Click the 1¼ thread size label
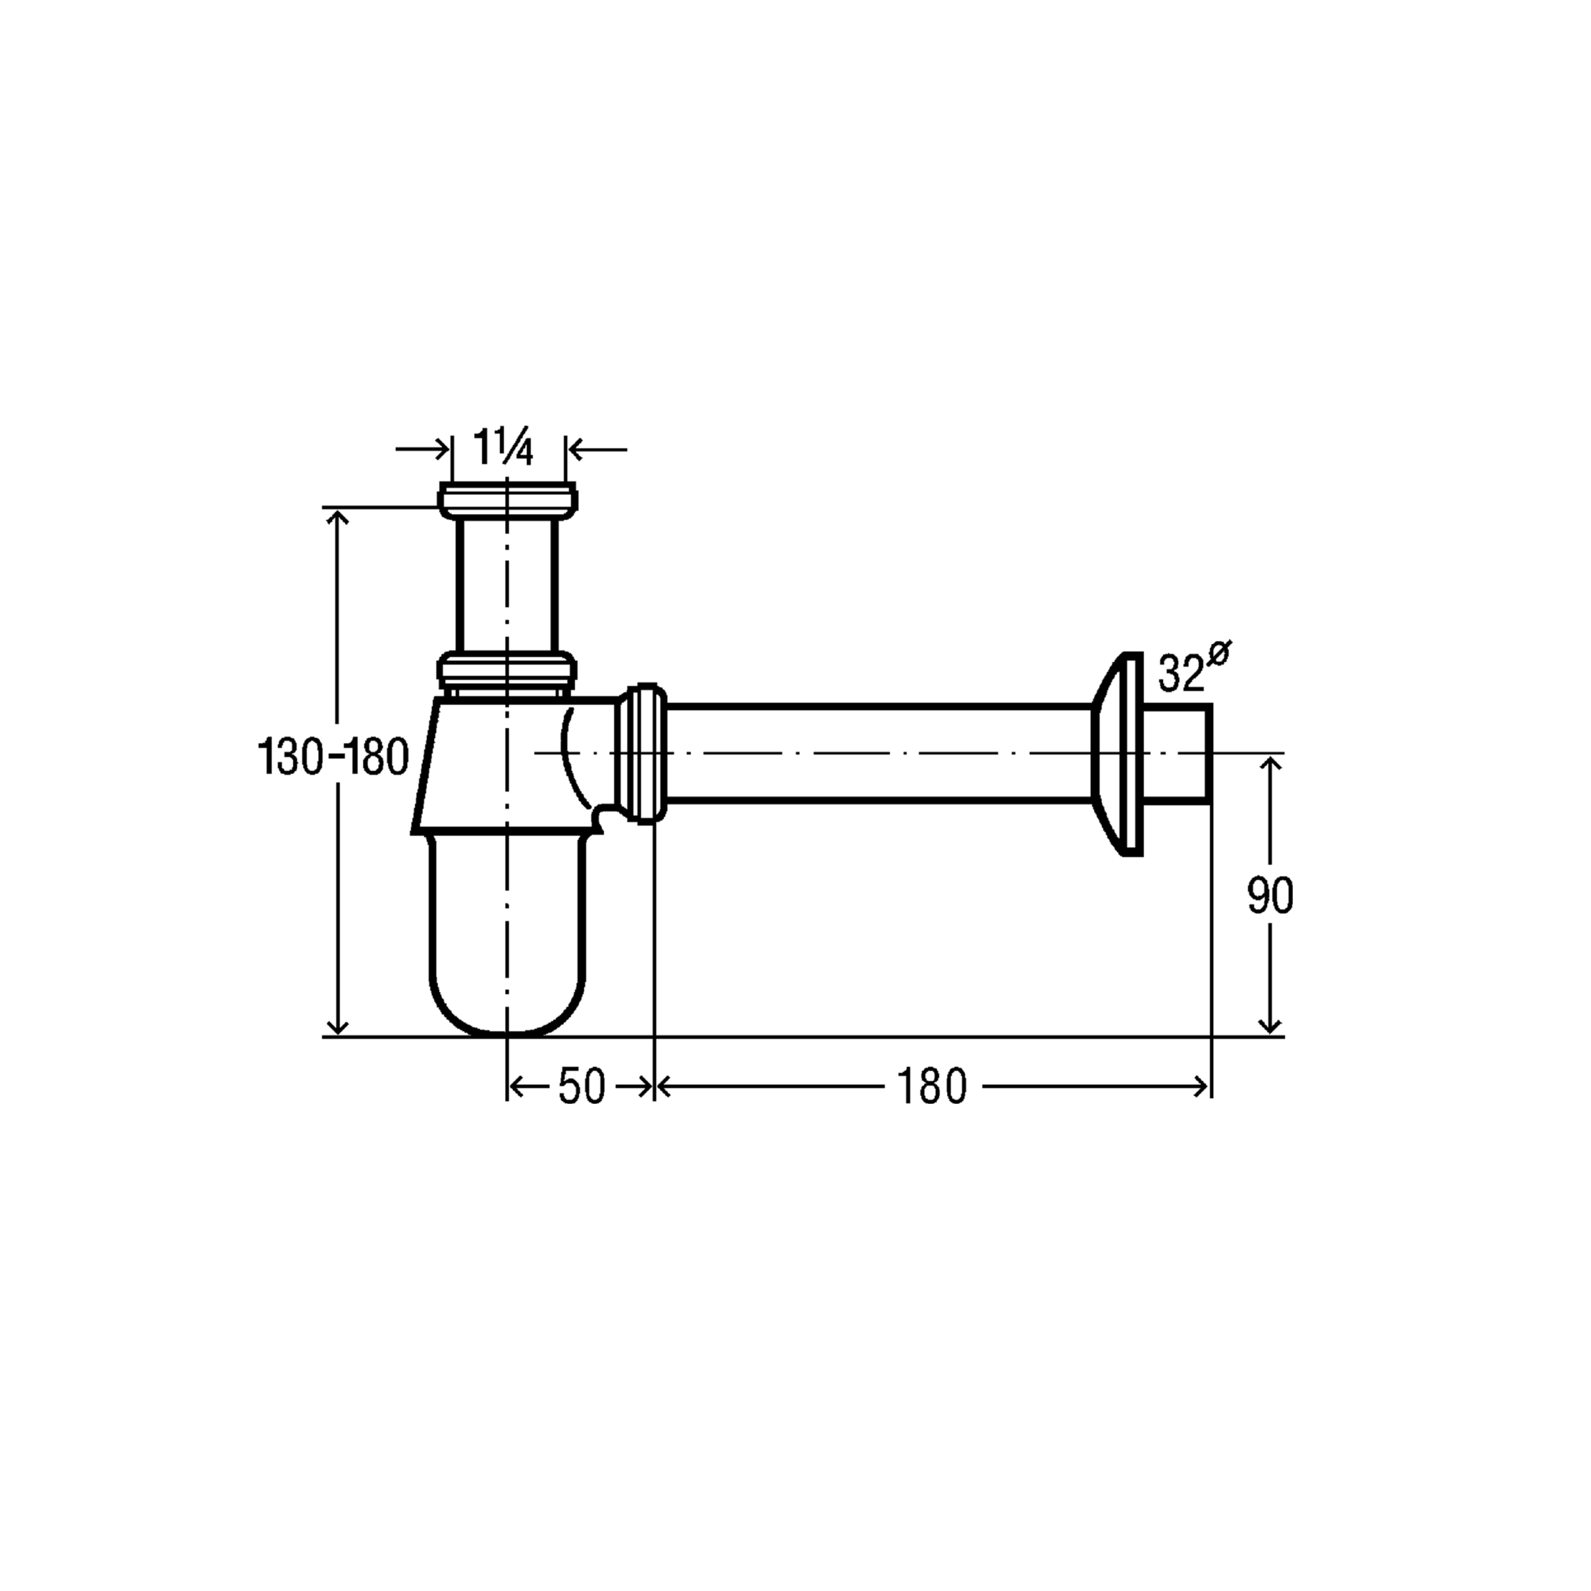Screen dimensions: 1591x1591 point(503,448)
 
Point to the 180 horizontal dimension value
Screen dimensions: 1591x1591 point(932,1086)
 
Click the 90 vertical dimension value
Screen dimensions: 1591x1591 point(1271,896)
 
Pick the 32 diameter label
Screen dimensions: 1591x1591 point(1181,673)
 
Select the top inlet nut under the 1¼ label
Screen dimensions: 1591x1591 point(507,501)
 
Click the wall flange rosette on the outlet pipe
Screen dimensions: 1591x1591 point(1117,753)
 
